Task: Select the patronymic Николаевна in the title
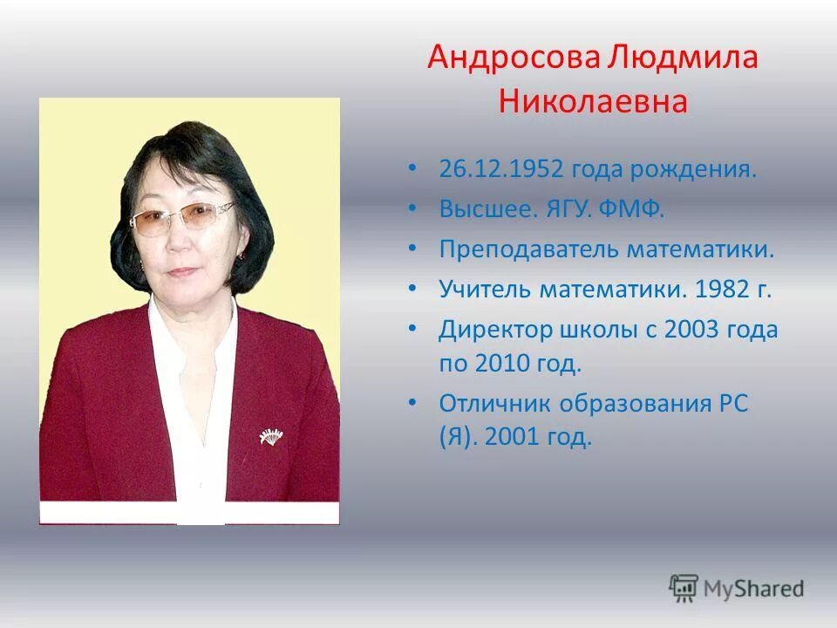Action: click(x=593, y=102)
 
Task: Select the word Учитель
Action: click(x=483, y=290)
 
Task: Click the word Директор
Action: click(x=495, y=331)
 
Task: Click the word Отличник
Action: click(x=498, y=404)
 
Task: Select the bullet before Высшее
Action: click(x=413, y=210)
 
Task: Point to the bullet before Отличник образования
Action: click(x=413, y=405)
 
